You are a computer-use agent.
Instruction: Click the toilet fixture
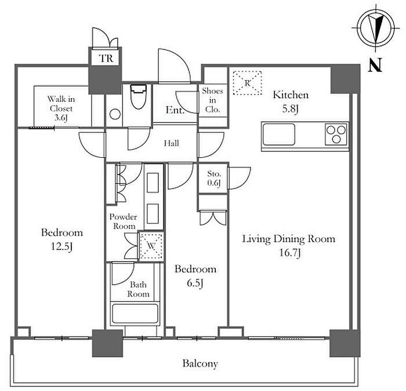coord(138,96)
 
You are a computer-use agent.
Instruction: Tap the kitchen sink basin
coord(278,135)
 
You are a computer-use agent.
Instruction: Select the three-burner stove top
coord(336,135)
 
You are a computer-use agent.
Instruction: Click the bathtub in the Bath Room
coord(135,313)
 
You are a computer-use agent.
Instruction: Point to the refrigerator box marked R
coord(247,83)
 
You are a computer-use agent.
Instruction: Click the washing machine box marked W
coord(151,246)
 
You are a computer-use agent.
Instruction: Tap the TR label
coord(106,59)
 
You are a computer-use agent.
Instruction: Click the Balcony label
coord(200,364)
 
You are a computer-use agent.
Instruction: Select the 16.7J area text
coord(290,252)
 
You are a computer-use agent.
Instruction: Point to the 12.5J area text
coord(61,246)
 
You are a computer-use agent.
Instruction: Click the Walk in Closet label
coord(61,108)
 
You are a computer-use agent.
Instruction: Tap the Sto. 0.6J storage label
coord(214,178)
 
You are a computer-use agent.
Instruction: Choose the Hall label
coord(172,143)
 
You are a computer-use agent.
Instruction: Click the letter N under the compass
coord(375,64)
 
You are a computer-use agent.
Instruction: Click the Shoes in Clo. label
coord(212,100)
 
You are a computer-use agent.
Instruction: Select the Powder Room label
coord(123,222)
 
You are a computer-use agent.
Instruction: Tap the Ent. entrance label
coord(175,110)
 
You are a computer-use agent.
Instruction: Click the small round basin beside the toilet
coord(115,114)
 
